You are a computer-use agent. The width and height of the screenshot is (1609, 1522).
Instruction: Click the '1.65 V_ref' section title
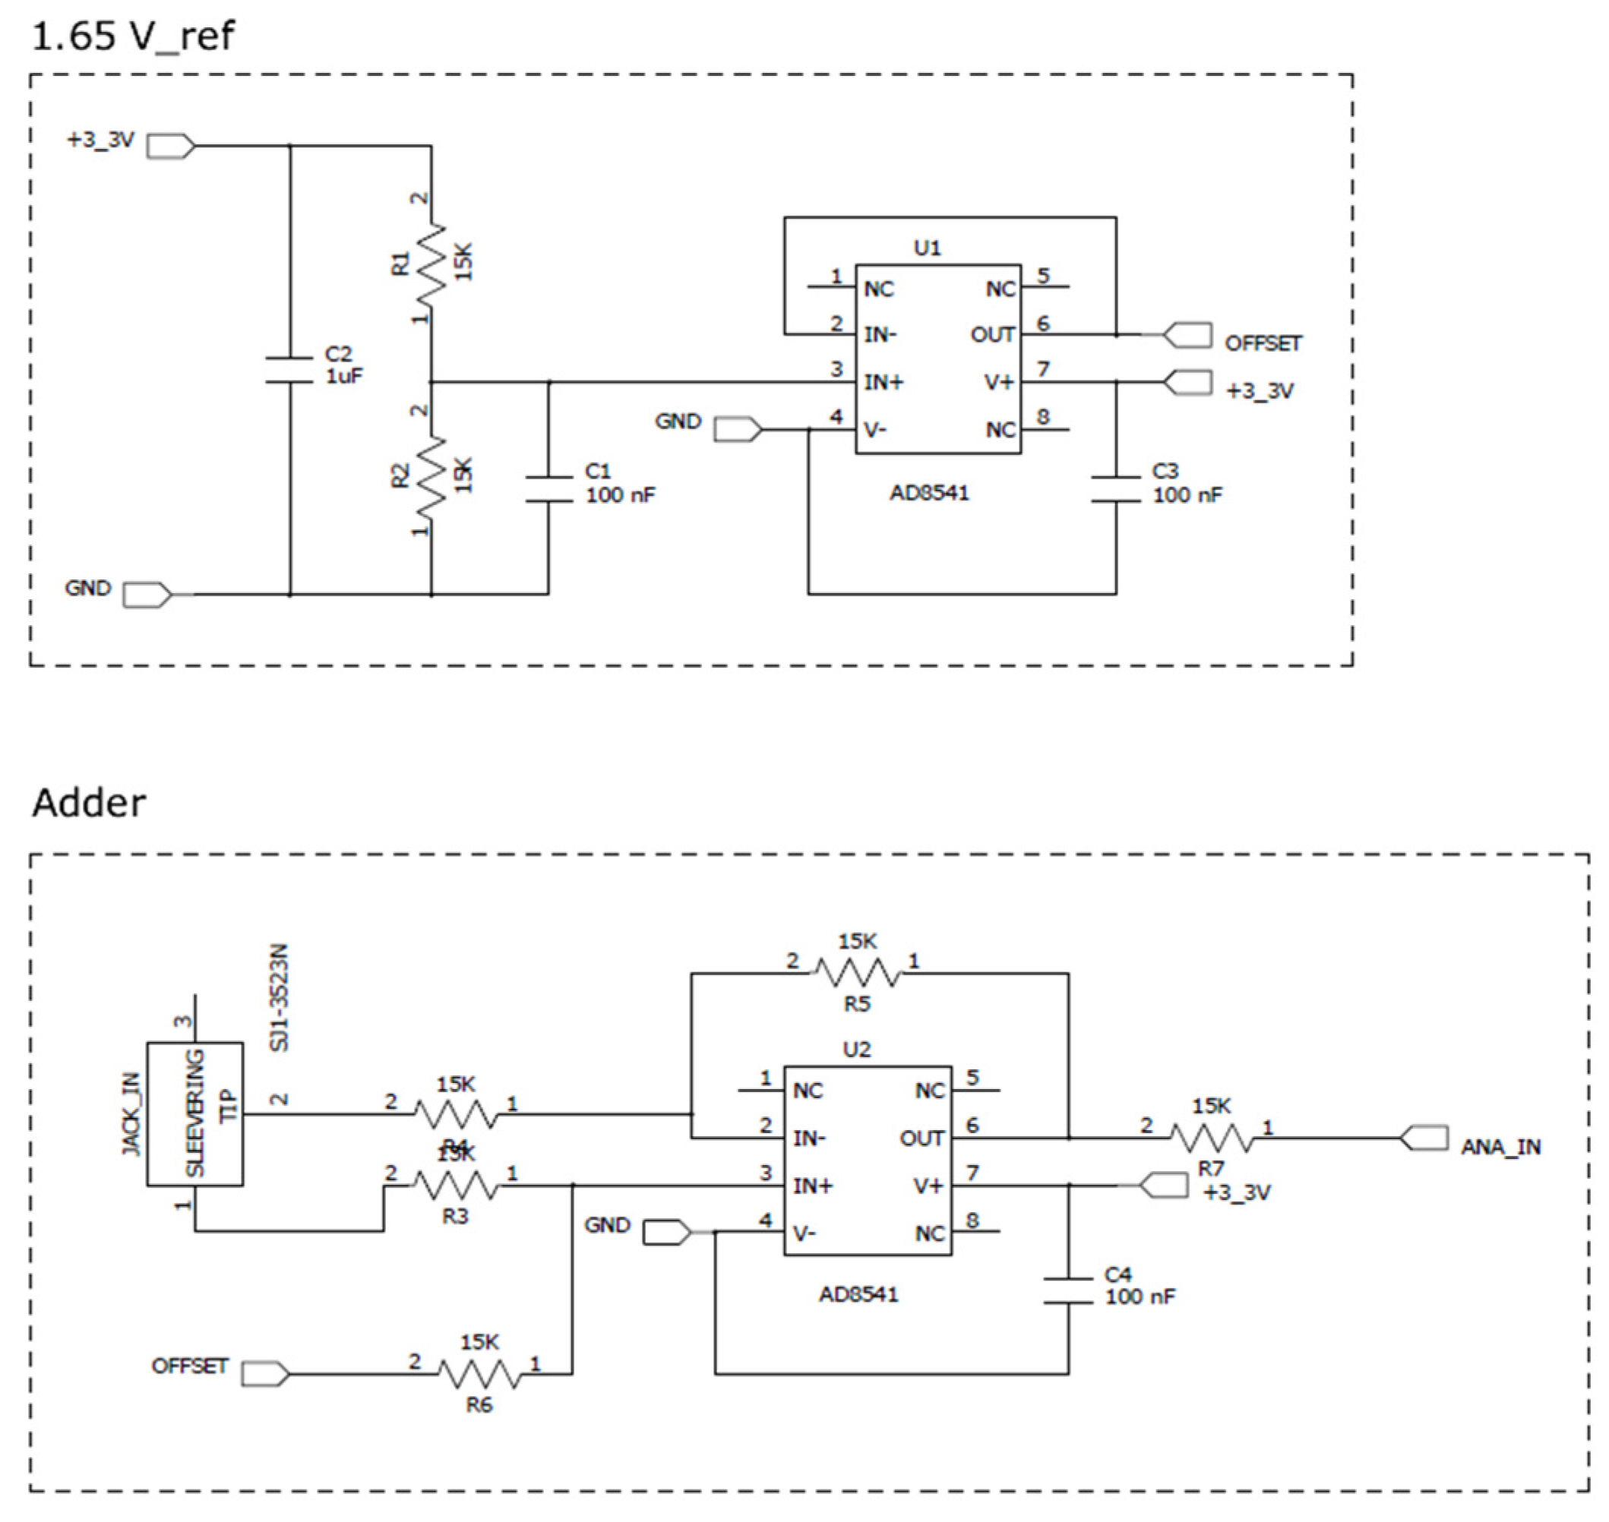tap(132, 36)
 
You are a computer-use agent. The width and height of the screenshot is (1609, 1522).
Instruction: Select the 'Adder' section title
tap(88, 804)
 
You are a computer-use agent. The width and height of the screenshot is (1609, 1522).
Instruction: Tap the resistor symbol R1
tap(431, 262)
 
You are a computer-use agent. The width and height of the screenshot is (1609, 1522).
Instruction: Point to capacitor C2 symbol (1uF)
tap(289, 369)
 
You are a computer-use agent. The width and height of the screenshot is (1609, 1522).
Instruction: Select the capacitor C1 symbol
tap(548, 488)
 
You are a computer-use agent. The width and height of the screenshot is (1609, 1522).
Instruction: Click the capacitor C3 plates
tap(1116, 488)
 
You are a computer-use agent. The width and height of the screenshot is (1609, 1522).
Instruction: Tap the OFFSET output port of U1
tap(1188, 335)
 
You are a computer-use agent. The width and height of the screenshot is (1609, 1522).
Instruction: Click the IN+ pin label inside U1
tap(883, 382)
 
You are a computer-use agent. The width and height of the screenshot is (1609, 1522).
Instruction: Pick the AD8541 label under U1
tap(929, 493)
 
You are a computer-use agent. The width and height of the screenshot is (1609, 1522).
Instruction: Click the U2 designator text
tap(857, 1050)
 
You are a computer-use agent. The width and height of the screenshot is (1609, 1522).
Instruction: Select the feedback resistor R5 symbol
tap(857, 973)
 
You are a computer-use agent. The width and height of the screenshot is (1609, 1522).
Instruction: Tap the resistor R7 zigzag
tap(1211, 1139)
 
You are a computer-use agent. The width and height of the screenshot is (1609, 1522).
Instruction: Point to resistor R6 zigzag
tap(479, 1375)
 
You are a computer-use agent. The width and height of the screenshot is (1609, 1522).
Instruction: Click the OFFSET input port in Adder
tap(265, 1374)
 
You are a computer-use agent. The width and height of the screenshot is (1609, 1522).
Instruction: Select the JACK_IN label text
tap(131, 1114)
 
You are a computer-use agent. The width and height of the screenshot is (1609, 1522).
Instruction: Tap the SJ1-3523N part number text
tap(279, 998)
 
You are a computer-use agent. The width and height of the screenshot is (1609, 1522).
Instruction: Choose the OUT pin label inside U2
tap(921, 1138)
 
